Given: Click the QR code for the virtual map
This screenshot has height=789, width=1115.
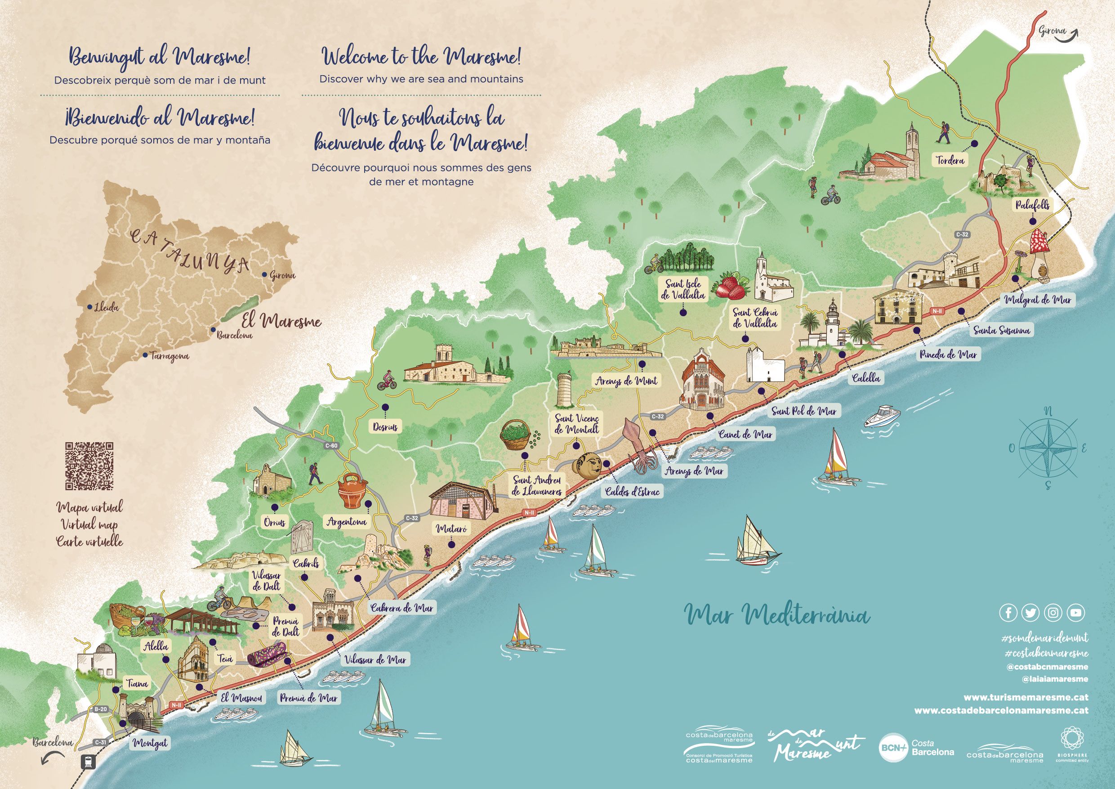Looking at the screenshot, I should pos(89,466).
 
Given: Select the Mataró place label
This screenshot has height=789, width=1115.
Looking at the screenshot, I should pos(451,528).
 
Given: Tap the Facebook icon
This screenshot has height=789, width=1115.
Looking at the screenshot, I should pos(1008,613).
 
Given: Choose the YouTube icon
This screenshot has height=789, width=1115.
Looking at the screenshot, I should pos(1076,613).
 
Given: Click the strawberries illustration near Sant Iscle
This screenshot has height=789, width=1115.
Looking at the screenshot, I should pos(728,286).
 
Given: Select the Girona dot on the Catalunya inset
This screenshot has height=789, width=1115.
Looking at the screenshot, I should pos(264,274).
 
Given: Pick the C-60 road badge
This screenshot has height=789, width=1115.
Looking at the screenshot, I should pos(331,444).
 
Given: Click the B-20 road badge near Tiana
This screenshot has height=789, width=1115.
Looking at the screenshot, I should pos(101,709).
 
